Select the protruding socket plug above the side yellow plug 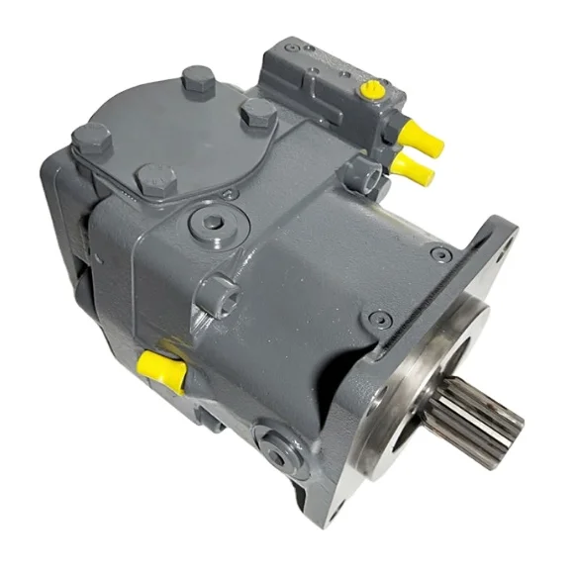[218, 294]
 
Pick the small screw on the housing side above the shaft [377, 318]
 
